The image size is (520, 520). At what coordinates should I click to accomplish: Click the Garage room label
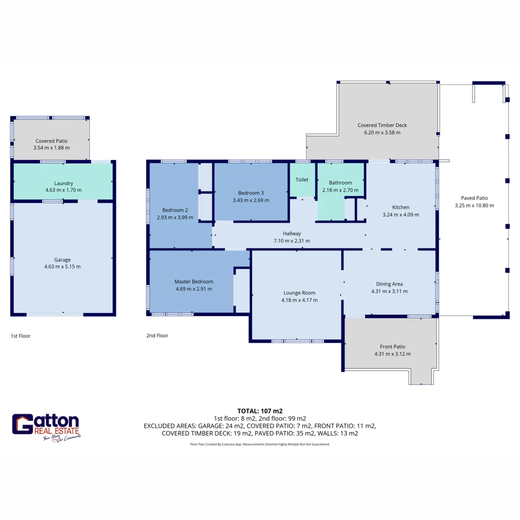[63, 260]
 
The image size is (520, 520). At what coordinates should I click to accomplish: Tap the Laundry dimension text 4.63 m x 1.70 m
[64, 190]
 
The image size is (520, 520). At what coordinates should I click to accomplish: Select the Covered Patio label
[52, 141]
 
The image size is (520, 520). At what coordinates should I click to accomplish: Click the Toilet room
[302, 180]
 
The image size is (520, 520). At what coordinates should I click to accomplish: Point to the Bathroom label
[340, 182]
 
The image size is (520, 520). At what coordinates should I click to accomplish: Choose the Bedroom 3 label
[250, 194]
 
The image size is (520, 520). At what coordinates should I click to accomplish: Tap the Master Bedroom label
[194, 282]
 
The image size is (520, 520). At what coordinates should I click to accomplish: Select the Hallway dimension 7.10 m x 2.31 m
[292, 241]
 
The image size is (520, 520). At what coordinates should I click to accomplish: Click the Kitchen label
[401, 208]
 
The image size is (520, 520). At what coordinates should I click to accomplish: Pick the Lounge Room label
[299, 293]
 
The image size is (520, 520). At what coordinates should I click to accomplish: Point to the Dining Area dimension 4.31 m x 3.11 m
[389, 291]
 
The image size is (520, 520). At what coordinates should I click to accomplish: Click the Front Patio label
[392, 346]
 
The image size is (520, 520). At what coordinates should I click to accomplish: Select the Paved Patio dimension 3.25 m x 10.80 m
[474, 205]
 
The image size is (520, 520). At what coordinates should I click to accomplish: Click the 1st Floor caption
[20, 336]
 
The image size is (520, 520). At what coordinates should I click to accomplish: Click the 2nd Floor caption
[157, 336]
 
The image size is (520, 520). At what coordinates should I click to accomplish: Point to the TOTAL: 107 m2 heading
[260, 411]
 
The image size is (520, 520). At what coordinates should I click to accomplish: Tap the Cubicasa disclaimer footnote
[260, 444]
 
